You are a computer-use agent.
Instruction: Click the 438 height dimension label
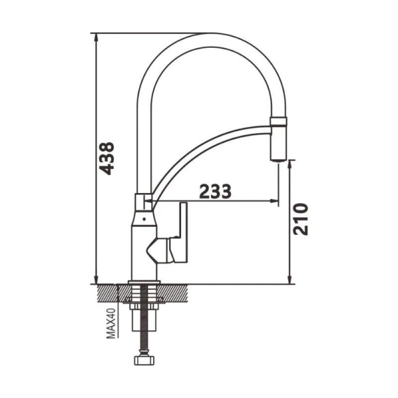click(106, 159)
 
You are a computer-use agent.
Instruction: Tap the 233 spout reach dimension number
click(215, 191)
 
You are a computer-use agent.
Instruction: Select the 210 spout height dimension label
click(300, 219)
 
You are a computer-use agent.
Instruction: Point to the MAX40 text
click(111, 323)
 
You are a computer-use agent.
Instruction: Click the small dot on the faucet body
click(144, 219)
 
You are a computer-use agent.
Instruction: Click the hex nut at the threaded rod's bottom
click(144, 360)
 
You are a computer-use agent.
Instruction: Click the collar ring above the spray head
click(279, 121)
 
